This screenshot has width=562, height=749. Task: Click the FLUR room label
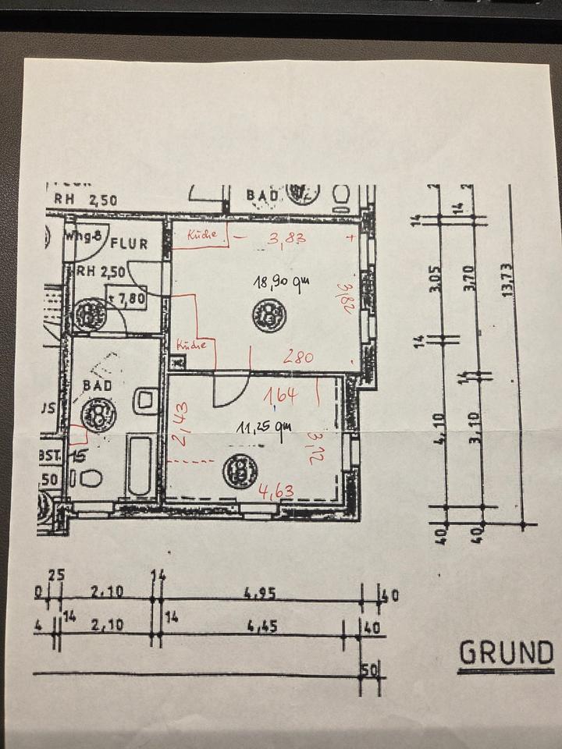[129, 243]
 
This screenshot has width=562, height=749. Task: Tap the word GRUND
[506, 652]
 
